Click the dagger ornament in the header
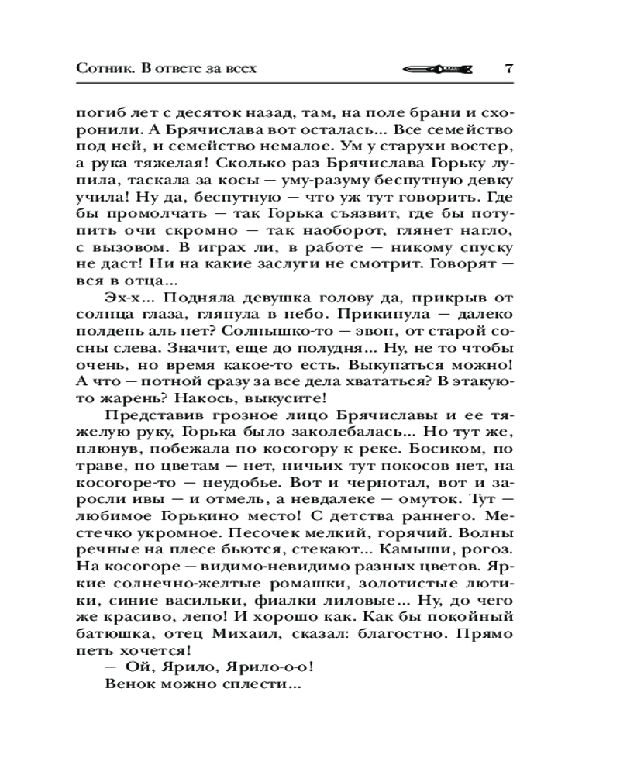pyautogui.click(x=436, y=68)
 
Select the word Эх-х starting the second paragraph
pyautogui.click(x=122, y=298)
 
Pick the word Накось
pyautogui.click(x=196, y=400)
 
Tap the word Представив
pyautogui.click(x=144, y=417)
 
